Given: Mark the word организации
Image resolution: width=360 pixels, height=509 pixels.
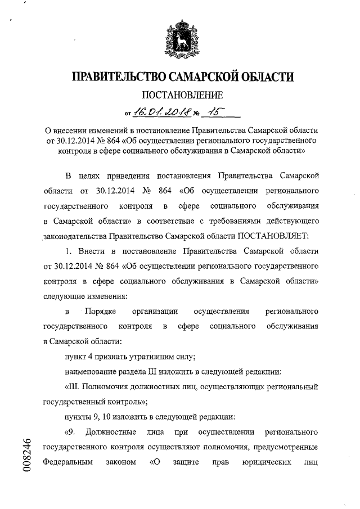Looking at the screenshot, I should pos(155,311).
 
